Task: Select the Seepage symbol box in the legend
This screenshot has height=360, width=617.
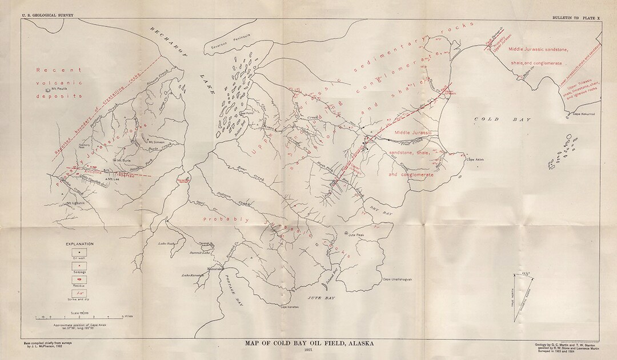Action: pyautogui.click(x=78, y=266)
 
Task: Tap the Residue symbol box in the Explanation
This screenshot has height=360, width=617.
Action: pyautogui.click(x=78, y=280)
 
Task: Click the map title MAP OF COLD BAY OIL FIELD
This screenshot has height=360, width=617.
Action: pyautogui.click(x=308, y=343)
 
